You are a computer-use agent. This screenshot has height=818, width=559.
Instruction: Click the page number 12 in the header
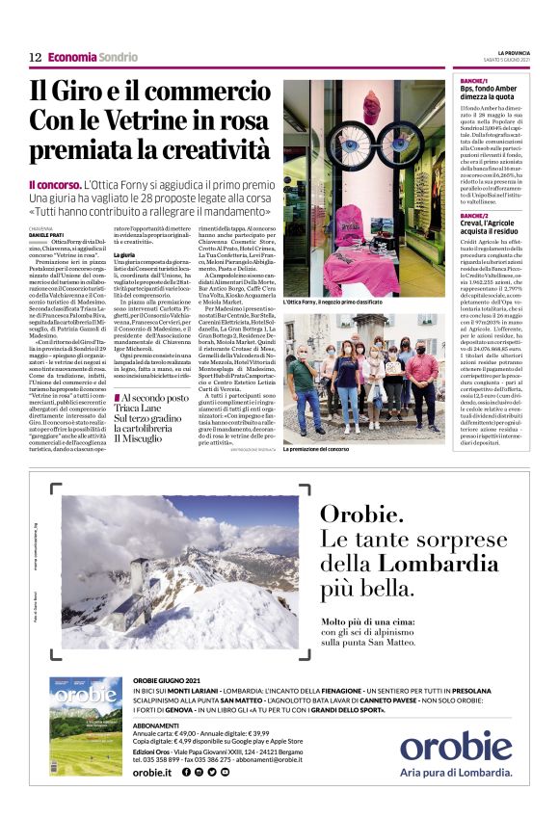pos(35,58)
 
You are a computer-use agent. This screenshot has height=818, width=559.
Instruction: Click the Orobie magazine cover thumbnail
pos(86,737)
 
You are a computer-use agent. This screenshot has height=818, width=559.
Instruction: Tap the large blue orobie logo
pos(455,748)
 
